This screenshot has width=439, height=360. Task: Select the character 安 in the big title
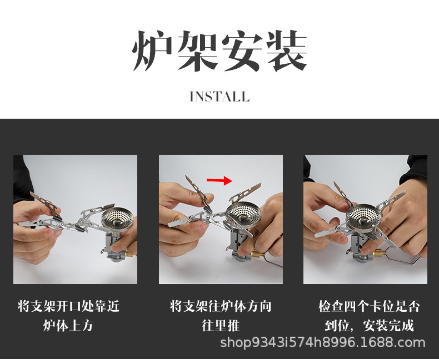[x=242, y=52]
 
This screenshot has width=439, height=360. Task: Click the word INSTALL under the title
[x=219, y=97]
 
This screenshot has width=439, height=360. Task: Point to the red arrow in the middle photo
[x=219, y=180]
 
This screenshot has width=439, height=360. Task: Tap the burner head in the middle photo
[x=245, y=215]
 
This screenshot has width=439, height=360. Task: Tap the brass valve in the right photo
[x=380, y=254]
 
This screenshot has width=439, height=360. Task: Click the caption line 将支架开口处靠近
[x=69, y=306]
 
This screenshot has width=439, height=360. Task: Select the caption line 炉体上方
[x=68, y=326]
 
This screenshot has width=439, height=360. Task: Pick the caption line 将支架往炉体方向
[x=221, y=306]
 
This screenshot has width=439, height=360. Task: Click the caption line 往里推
[x=221, y=326]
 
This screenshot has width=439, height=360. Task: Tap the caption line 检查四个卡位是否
[x=369, y=306]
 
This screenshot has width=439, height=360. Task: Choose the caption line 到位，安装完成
[x=369, y=326]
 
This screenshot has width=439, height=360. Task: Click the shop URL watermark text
[x=322, y=342]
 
